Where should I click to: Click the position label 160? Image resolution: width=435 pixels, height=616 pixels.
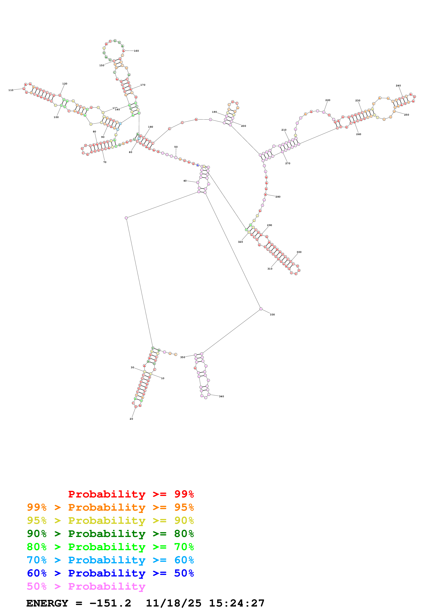(x=136, y=51)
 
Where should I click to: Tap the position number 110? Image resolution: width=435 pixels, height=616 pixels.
(x=11, y=90)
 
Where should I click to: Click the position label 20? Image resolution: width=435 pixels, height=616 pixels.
(x=131, y=419)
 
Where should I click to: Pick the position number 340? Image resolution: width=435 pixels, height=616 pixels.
(x=221, y=396)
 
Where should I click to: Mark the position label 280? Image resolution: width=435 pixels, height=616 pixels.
(x=278, y=197)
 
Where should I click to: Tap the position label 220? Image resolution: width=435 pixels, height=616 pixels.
(x=328, y=100)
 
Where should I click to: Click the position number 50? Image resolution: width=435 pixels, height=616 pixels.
(x=176, y=147)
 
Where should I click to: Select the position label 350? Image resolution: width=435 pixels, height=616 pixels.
(x=182, y=357)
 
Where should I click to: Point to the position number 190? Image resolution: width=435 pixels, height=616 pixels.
(x=214, y=112)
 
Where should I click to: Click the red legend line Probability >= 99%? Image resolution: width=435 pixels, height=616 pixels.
(x=131, y=494)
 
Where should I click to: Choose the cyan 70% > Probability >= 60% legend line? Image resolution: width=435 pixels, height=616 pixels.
(x=110, y=560)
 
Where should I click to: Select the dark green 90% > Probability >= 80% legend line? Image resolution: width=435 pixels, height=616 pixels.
(x=110, y=534)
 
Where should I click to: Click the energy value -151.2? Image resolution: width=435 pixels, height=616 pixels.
(x=110, y=603)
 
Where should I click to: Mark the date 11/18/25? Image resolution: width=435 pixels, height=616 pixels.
(x=173, y=603)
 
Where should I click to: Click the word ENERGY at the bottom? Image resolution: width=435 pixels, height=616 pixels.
(x=47, y=603)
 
